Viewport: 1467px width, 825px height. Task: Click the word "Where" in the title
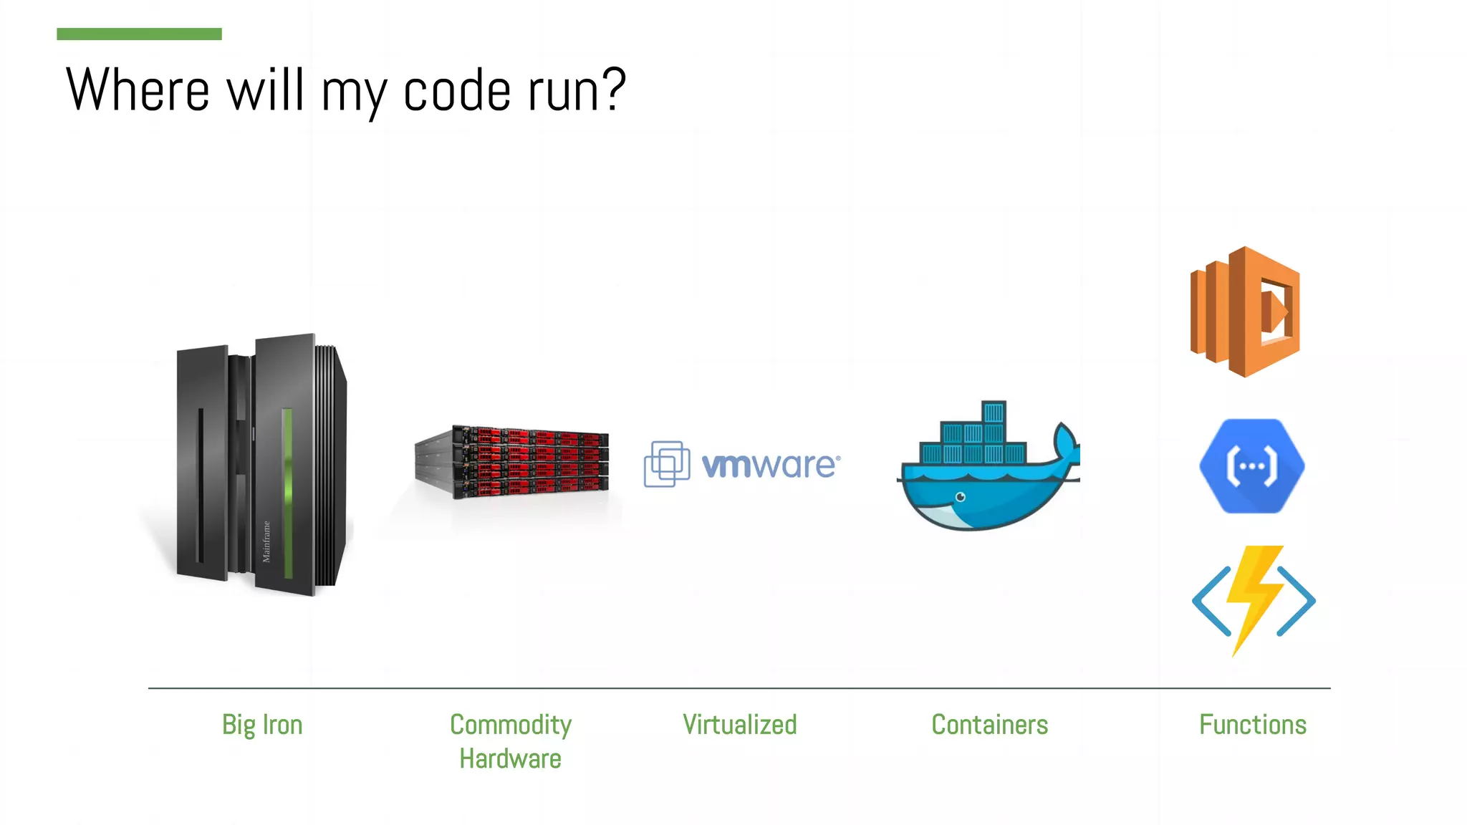[x=138, y=90]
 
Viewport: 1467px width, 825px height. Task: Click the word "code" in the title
[x=457, y=91]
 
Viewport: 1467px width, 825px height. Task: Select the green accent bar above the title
[x=139, y=34]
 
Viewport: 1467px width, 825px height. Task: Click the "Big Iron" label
[x=262, y=725]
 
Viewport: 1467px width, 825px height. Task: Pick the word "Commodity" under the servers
[x=510, y=725]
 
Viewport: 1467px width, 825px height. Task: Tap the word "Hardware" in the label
[x=510, y=759]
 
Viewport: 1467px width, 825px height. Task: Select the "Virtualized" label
[x=739, y=725]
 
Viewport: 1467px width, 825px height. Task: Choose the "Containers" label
[x=989, y=725]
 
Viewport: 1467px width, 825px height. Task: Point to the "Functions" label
[x=1253, y=725]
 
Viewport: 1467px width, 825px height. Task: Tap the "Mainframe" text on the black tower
[x=266, y=541]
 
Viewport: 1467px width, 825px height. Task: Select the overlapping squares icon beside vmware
[x=667, y=464]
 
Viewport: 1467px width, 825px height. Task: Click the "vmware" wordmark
[x=769, y=465]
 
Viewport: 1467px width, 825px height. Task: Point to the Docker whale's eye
[x=961, y=497]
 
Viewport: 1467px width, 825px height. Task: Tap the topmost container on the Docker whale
[x=994, y=412]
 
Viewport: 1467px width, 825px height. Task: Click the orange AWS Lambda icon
[x=1245, y=312]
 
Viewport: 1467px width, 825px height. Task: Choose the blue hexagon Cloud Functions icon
[x=1252, y=466]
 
